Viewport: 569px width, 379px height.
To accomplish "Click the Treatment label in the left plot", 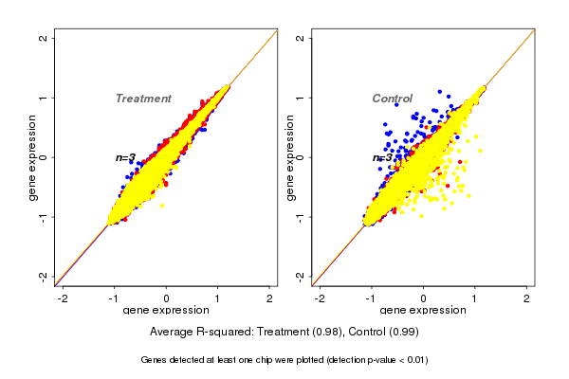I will [143, 99].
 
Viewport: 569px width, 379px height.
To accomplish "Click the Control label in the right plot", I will [392, 99].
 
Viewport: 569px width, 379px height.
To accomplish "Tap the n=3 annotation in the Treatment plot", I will [126, 157].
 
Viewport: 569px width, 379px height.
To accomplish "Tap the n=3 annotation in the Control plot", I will [382, 158].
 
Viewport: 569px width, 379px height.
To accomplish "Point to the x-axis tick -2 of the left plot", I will [63, 298].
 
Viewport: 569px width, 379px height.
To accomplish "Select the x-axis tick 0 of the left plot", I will [167, 298].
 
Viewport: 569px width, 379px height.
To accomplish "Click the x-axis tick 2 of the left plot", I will [270, 298].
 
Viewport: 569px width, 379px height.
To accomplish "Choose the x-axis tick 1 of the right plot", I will [475, 298].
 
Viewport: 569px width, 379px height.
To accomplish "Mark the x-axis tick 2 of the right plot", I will [527, 298].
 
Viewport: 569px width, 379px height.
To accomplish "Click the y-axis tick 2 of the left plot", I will [43, 39].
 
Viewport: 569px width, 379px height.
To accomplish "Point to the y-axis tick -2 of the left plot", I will [43, 276].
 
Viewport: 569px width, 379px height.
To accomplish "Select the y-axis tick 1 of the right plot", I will [300, 98].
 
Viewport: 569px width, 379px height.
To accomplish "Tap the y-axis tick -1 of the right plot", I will [300, 216].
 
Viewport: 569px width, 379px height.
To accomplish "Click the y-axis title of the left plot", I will [32, 157].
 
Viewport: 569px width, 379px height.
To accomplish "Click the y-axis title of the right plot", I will [289, 157].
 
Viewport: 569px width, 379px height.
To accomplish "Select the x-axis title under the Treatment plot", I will [167, 311].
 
